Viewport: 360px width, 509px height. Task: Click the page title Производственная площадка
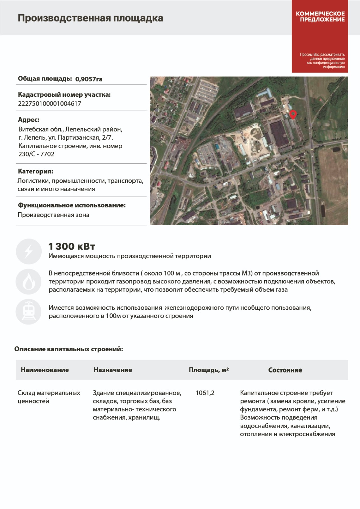[90, 18]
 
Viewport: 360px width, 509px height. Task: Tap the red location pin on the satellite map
[293, 114]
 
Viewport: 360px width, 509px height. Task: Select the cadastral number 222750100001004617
[50, 103]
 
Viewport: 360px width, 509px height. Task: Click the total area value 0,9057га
[89, 79]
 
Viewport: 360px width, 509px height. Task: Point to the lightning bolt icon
[29, 251]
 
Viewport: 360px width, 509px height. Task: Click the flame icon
[29, 281]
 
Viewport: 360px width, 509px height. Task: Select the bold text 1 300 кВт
[72, 246]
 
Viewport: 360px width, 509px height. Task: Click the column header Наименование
[45, 370]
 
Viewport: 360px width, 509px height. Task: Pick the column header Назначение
[113, 370]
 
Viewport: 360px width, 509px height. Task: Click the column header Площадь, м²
[209, 370]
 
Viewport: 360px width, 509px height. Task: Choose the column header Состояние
[285, 370]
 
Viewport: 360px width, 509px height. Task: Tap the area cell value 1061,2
[205, 393]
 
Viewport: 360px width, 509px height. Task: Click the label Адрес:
[29, 120]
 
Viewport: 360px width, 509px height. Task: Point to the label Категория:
[36, 171]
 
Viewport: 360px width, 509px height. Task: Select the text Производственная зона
[53, 215]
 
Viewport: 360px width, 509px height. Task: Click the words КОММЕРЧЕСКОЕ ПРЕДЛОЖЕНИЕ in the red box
[320, 17]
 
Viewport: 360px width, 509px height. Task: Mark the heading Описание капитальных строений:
[69, 349]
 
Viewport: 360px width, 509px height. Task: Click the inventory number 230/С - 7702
[36, 154]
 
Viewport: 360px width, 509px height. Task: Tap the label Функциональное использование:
[72, 205]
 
